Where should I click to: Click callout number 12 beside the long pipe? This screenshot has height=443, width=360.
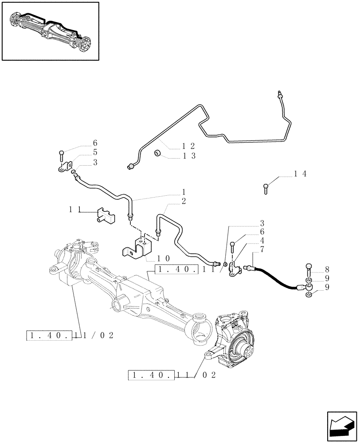[188, 146]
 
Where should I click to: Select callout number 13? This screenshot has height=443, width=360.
[188, 155]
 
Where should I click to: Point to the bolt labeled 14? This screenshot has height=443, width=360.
[265, 188]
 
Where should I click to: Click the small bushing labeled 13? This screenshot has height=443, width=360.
[157, 154]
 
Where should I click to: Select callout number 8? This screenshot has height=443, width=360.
[327, 269]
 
